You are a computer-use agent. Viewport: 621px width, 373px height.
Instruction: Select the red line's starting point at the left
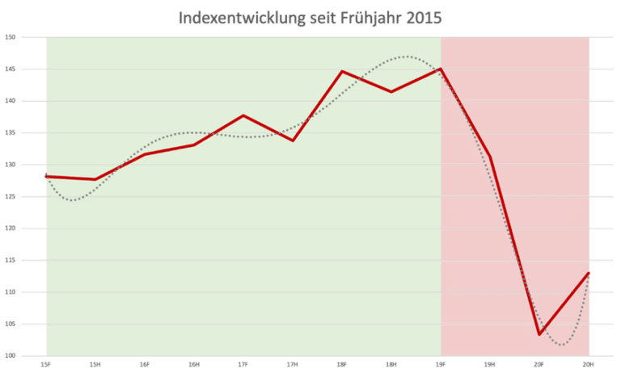[46, 176]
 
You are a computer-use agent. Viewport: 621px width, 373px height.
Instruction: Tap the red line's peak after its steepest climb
[342, 72]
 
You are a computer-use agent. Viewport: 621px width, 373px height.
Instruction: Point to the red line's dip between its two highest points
[391, 91]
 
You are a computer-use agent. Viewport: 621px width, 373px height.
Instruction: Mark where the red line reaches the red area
[440, 69]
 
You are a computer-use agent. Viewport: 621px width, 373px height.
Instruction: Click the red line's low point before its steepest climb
[293, 140]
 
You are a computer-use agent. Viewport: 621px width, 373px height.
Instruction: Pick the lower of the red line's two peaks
[243, 115]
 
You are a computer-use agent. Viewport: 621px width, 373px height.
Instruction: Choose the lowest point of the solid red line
[95, 179]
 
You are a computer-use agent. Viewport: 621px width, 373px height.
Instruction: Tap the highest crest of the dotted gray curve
[407, 57]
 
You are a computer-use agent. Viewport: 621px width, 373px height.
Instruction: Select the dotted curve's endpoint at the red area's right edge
[589, 276]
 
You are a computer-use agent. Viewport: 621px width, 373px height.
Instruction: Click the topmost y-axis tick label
[11, 37]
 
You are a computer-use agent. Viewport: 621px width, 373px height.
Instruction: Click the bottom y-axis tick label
[11, 355]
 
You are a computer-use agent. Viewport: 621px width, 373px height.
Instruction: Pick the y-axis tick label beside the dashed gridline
[11, 228]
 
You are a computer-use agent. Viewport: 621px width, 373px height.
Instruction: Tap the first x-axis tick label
[46, 365]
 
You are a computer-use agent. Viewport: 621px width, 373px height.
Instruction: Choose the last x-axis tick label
[589, 365]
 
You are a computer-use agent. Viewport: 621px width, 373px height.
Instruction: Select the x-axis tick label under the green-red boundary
[441, 365]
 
